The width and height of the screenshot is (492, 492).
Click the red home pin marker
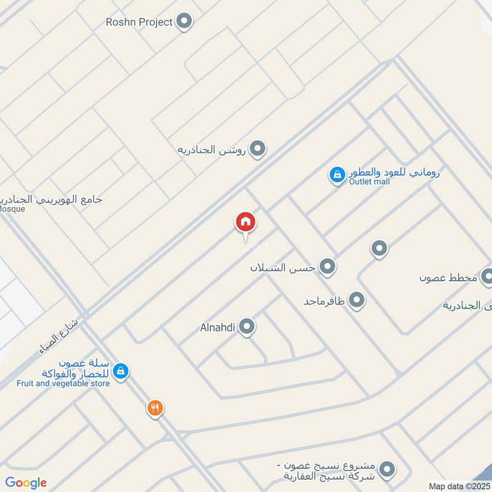click(245, 223)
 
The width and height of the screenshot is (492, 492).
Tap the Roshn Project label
click(138, 22)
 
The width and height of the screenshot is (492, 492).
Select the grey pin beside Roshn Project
click(183, 23)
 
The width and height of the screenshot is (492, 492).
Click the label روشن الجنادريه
click(212, 149)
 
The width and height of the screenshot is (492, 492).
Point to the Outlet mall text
click(369, 182)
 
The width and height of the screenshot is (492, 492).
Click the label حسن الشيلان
click(282, 268)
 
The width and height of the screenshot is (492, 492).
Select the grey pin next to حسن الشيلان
click(328, 267)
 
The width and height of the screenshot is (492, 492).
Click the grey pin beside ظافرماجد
click(356, 301)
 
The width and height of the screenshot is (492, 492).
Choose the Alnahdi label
click(218, 327)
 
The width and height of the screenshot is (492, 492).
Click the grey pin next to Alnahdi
click(247, 327)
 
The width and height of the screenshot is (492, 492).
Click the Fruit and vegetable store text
click(63, 384)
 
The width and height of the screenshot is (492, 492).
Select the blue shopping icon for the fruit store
click(121, 371)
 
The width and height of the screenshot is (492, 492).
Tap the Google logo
click(26, 483)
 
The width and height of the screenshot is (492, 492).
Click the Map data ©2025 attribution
click(458, 486)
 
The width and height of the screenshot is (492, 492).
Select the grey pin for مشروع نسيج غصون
click(387, 470)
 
